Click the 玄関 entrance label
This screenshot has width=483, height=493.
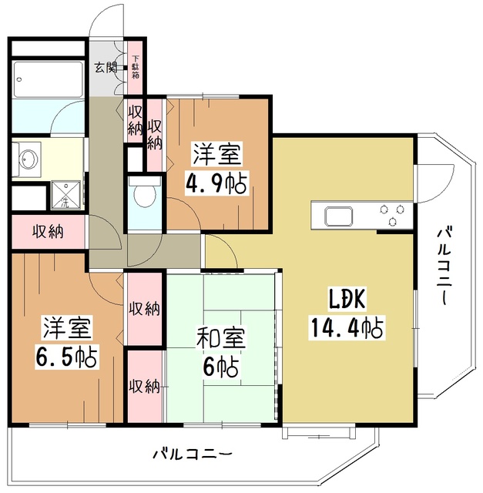106,67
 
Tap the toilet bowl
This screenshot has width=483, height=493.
143,196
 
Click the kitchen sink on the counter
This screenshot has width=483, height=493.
338,214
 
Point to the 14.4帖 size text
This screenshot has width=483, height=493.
347,329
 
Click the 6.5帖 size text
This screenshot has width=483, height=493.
65,357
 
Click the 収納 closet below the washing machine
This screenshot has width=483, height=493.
48,231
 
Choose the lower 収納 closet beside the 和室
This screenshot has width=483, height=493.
144,385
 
